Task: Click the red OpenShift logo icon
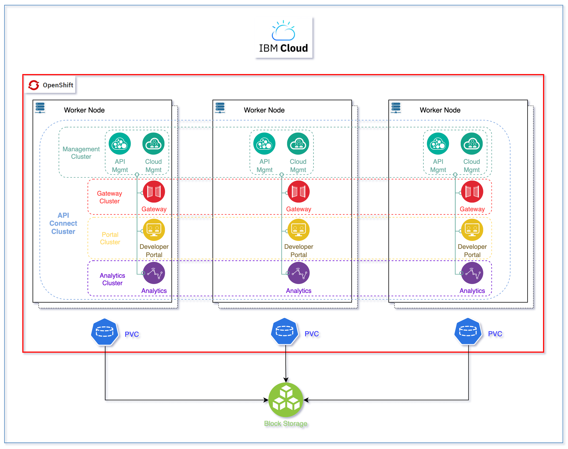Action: tap(34, 85)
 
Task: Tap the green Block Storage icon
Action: tap(286, 400)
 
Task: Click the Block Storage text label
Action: tap(285, 423)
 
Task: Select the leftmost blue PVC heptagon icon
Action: tap(104, 332)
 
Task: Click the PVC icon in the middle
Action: tap(284, 331)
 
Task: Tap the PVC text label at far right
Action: tap(495, 334)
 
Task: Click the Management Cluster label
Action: tap(81, 153)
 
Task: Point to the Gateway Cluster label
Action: tap(109, 197)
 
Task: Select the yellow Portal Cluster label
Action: tap(110, 238)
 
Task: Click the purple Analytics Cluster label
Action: tap(112, 279)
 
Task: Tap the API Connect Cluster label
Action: tap(63, 224)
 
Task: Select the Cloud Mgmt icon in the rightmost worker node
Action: tap(472, 144)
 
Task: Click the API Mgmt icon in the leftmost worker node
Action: tap(120, 144)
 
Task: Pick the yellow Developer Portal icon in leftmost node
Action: tap(154, 230)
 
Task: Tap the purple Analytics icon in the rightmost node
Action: tap(472, 273)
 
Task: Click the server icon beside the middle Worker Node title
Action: tap(220, 108)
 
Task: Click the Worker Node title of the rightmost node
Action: tap(440, 110)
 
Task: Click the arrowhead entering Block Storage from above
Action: tap(286, 380)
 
